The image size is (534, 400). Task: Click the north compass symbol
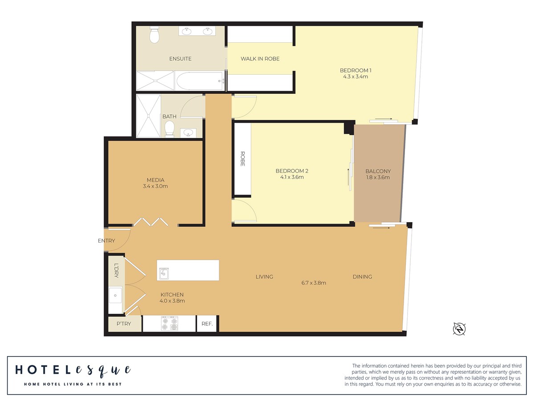point(459,329)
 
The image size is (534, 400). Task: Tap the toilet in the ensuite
point(154,35)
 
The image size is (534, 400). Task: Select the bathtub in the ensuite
point(200,81)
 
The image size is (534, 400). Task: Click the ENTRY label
point(106,240)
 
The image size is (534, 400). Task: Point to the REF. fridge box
point(207,324)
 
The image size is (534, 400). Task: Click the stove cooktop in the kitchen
point(170,324)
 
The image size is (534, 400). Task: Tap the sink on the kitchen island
point(164,274)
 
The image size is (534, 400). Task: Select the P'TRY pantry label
point(124,324)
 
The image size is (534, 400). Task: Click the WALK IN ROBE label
point(260,59)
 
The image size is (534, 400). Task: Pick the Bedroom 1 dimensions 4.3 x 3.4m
point(356,76)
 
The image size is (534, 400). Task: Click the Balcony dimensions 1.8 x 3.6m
point(378,177)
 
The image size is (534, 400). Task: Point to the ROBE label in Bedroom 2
point(243,159)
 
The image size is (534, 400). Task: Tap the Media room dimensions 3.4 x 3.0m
point(155,186)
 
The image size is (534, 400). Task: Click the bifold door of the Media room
point(151,222)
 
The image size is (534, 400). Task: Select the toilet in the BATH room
point(170,129)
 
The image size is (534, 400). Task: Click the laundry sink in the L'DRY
point(115,295)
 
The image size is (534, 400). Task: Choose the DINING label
point(362,276)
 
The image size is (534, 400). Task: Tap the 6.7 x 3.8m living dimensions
point(314,283)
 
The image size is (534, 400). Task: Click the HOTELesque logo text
point(73,370)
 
